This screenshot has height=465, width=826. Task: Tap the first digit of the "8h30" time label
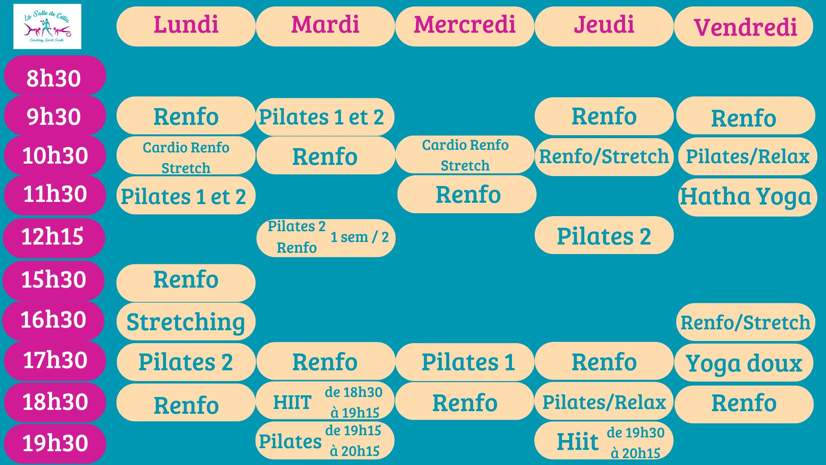point(33,78)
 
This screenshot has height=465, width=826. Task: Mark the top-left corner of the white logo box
point(13,4)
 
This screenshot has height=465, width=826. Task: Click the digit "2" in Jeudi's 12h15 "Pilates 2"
point(645,236)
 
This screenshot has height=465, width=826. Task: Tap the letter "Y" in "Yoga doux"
point(693,364)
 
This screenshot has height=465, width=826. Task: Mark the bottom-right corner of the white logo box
point(81,49)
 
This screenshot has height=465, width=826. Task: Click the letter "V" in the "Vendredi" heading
point(702,27)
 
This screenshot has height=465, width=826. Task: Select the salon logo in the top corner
point(47,27)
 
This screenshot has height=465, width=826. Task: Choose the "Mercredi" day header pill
point(465,26)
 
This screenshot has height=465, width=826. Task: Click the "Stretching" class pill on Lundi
point(186,322)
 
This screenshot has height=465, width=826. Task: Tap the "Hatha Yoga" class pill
point(747,197)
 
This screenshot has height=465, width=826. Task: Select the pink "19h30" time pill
point(55,443)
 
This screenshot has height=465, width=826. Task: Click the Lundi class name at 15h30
point(186,279)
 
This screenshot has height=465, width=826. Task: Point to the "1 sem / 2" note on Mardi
point(360,237)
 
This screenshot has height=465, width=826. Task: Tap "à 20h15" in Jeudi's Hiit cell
point(635,453)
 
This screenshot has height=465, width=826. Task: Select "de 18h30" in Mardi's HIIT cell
point(354,392)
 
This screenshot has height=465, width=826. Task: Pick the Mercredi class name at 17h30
point(468,362)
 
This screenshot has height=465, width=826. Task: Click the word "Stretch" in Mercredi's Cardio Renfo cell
point(465,166)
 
